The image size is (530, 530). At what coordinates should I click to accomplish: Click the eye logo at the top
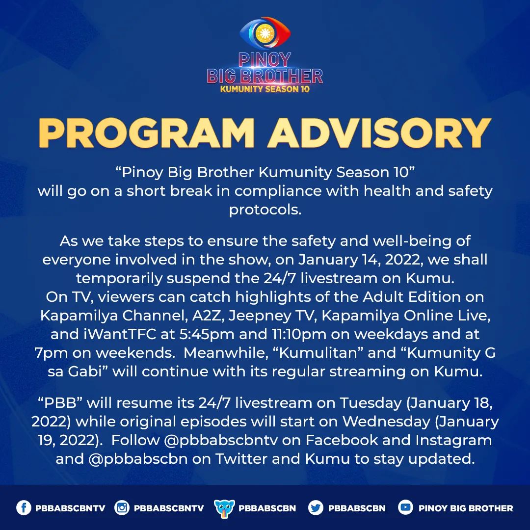pyautogui.click(x=265, y=33)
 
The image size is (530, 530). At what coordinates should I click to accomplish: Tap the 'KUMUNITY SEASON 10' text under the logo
pyautogui.click(x=265, y=89)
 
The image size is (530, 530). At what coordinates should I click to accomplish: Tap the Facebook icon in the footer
pyautogui.click(x=24, y=508)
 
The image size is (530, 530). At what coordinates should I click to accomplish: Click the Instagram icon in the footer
pyautogui.click(x=122, y=508)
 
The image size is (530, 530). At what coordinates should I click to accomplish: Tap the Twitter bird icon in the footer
pyautogui.click(x=316, y=508)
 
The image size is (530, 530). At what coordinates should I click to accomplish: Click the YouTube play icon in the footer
pyautogui.click(x=405, y=508)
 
